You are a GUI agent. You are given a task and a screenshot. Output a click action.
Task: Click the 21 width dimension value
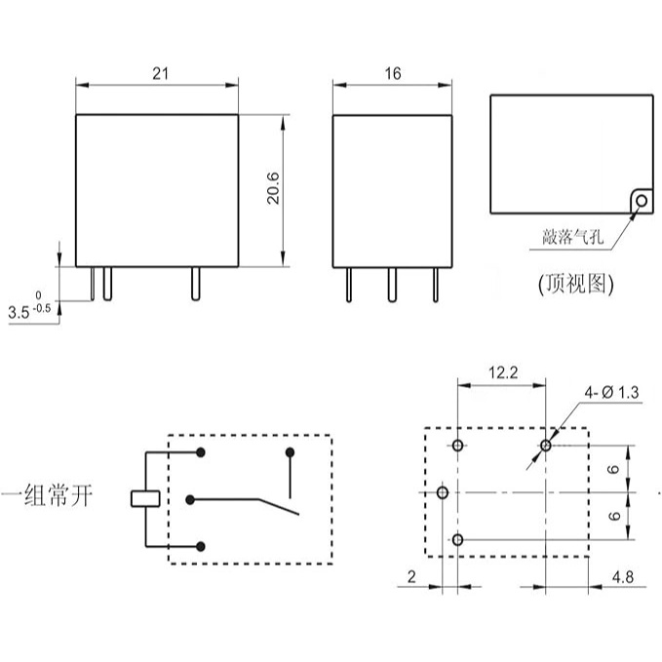click(160, 73)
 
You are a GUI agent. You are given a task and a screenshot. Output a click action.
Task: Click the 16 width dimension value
click(392, 73)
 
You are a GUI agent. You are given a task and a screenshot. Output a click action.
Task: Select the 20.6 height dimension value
click(273, 188)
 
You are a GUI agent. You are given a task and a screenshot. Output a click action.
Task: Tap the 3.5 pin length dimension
click(19, 312)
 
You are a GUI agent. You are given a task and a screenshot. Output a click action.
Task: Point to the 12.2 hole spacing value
click(503, 372)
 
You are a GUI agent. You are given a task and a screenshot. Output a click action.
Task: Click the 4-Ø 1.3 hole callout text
click(611, 393)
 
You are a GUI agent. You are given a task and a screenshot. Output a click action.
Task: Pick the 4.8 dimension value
click(623, 577)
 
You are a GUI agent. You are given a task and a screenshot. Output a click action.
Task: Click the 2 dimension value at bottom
click(411, 577)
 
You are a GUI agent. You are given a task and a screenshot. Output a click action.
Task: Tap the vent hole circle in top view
click(642, 201)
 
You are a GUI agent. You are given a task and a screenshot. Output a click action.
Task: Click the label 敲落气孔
click(573, 236)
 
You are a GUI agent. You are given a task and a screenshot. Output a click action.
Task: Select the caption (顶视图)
click(576, 284)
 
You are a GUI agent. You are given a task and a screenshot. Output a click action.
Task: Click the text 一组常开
click(47, 494)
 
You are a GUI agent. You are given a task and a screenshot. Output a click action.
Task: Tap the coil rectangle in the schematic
click(145, 498)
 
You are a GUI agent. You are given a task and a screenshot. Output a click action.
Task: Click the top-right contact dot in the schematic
click(290, 452)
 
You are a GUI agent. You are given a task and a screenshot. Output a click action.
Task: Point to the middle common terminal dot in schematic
click(190, 500)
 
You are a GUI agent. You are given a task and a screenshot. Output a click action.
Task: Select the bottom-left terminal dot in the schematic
click(201, 546)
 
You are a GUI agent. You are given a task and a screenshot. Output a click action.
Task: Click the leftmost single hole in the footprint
click(443, 492)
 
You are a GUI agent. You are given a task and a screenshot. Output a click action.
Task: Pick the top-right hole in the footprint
click(545, 445)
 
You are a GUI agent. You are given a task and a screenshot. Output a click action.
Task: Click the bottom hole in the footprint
click(457, 539)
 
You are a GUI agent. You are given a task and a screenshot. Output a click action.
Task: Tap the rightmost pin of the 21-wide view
click(195, 284)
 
